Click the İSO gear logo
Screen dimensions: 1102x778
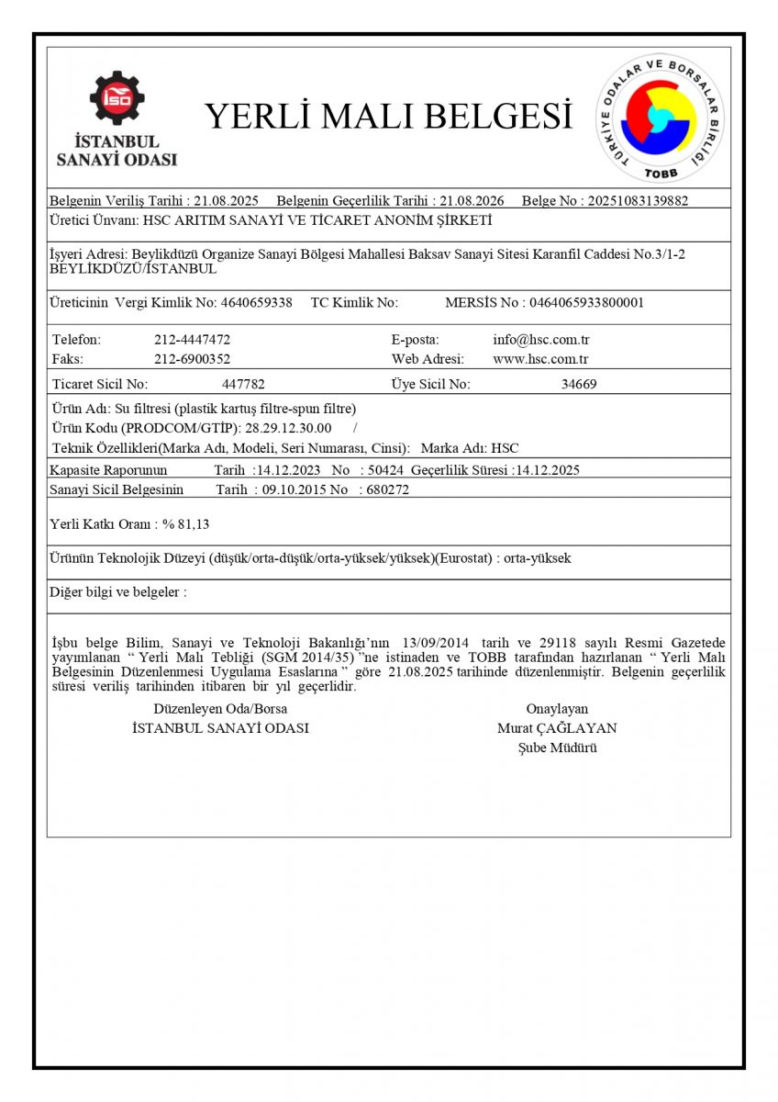coord(117,98)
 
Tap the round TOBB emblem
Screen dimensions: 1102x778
coord(660,118)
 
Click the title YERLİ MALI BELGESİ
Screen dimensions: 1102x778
coord(387,117)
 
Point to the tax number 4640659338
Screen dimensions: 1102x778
coord(257,302)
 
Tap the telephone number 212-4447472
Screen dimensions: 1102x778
coord(192,340)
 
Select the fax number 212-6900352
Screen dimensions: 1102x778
coord(192,359)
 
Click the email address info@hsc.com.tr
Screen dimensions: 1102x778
coord(540,340)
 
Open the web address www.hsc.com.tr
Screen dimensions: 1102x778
coord(540,359)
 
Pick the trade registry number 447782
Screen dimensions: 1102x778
coord(243,385)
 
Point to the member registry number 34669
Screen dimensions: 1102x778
coord(579,385)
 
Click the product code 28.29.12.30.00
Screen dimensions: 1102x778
coord(289,428)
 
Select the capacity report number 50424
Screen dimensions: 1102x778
coord(384,470)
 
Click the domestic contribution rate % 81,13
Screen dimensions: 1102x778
coord(186,523)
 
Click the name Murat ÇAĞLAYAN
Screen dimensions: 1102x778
coord(557,728)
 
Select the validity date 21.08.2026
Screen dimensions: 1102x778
coord(472,200)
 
